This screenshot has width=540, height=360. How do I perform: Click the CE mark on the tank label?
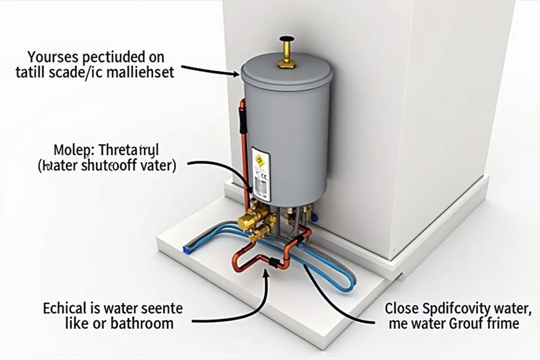pyautogui.click(x=264, y=177)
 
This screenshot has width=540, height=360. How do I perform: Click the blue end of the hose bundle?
pyautogui.click(x=185, y=248)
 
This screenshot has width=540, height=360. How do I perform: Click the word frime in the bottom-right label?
pyautogui.click(x=504, y=323)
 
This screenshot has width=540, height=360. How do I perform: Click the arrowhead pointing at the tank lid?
pyautogui.click(x=237, y=74)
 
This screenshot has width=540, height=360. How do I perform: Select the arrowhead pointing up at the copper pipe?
pyautogui.click(x=269, y=271)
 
